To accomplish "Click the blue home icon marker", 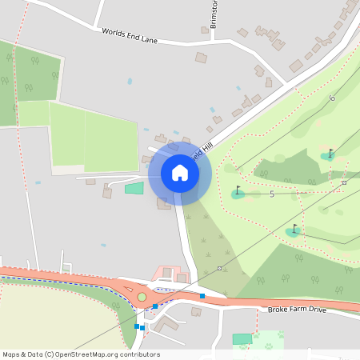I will (x=179, y=173).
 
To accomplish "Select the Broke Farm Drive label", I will (x=297, y=309).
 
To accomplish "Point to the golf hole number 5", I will (x=272, y=194).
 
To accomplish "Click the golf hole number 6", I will (x=332, y=98).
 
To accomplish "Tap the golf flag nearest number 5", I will (x=238, y=191).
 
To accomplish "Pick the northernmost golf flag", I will (x=330, y=153).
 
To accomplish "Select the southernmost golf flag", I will (x=294, y=230).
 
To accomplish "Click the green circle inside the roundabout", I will (x=142, y=297).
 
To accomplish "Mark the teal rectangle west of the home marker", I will (x=134, y=188).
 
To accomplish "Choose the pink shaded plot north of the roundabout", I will (x=166, y=274).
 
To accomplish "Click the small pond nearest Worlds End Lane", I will (x=130, y=82).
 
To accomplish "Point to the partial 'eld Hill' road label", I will (x=202, y=146).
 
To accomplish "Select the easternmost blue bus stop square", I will (x=202, y=296).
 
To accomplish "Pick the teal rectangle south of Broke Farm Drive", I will (x=242, y=339).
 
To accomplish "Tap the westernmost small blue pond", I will (x=38, y=182).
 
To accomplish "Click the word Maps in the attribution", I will (x=12, y=354).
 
